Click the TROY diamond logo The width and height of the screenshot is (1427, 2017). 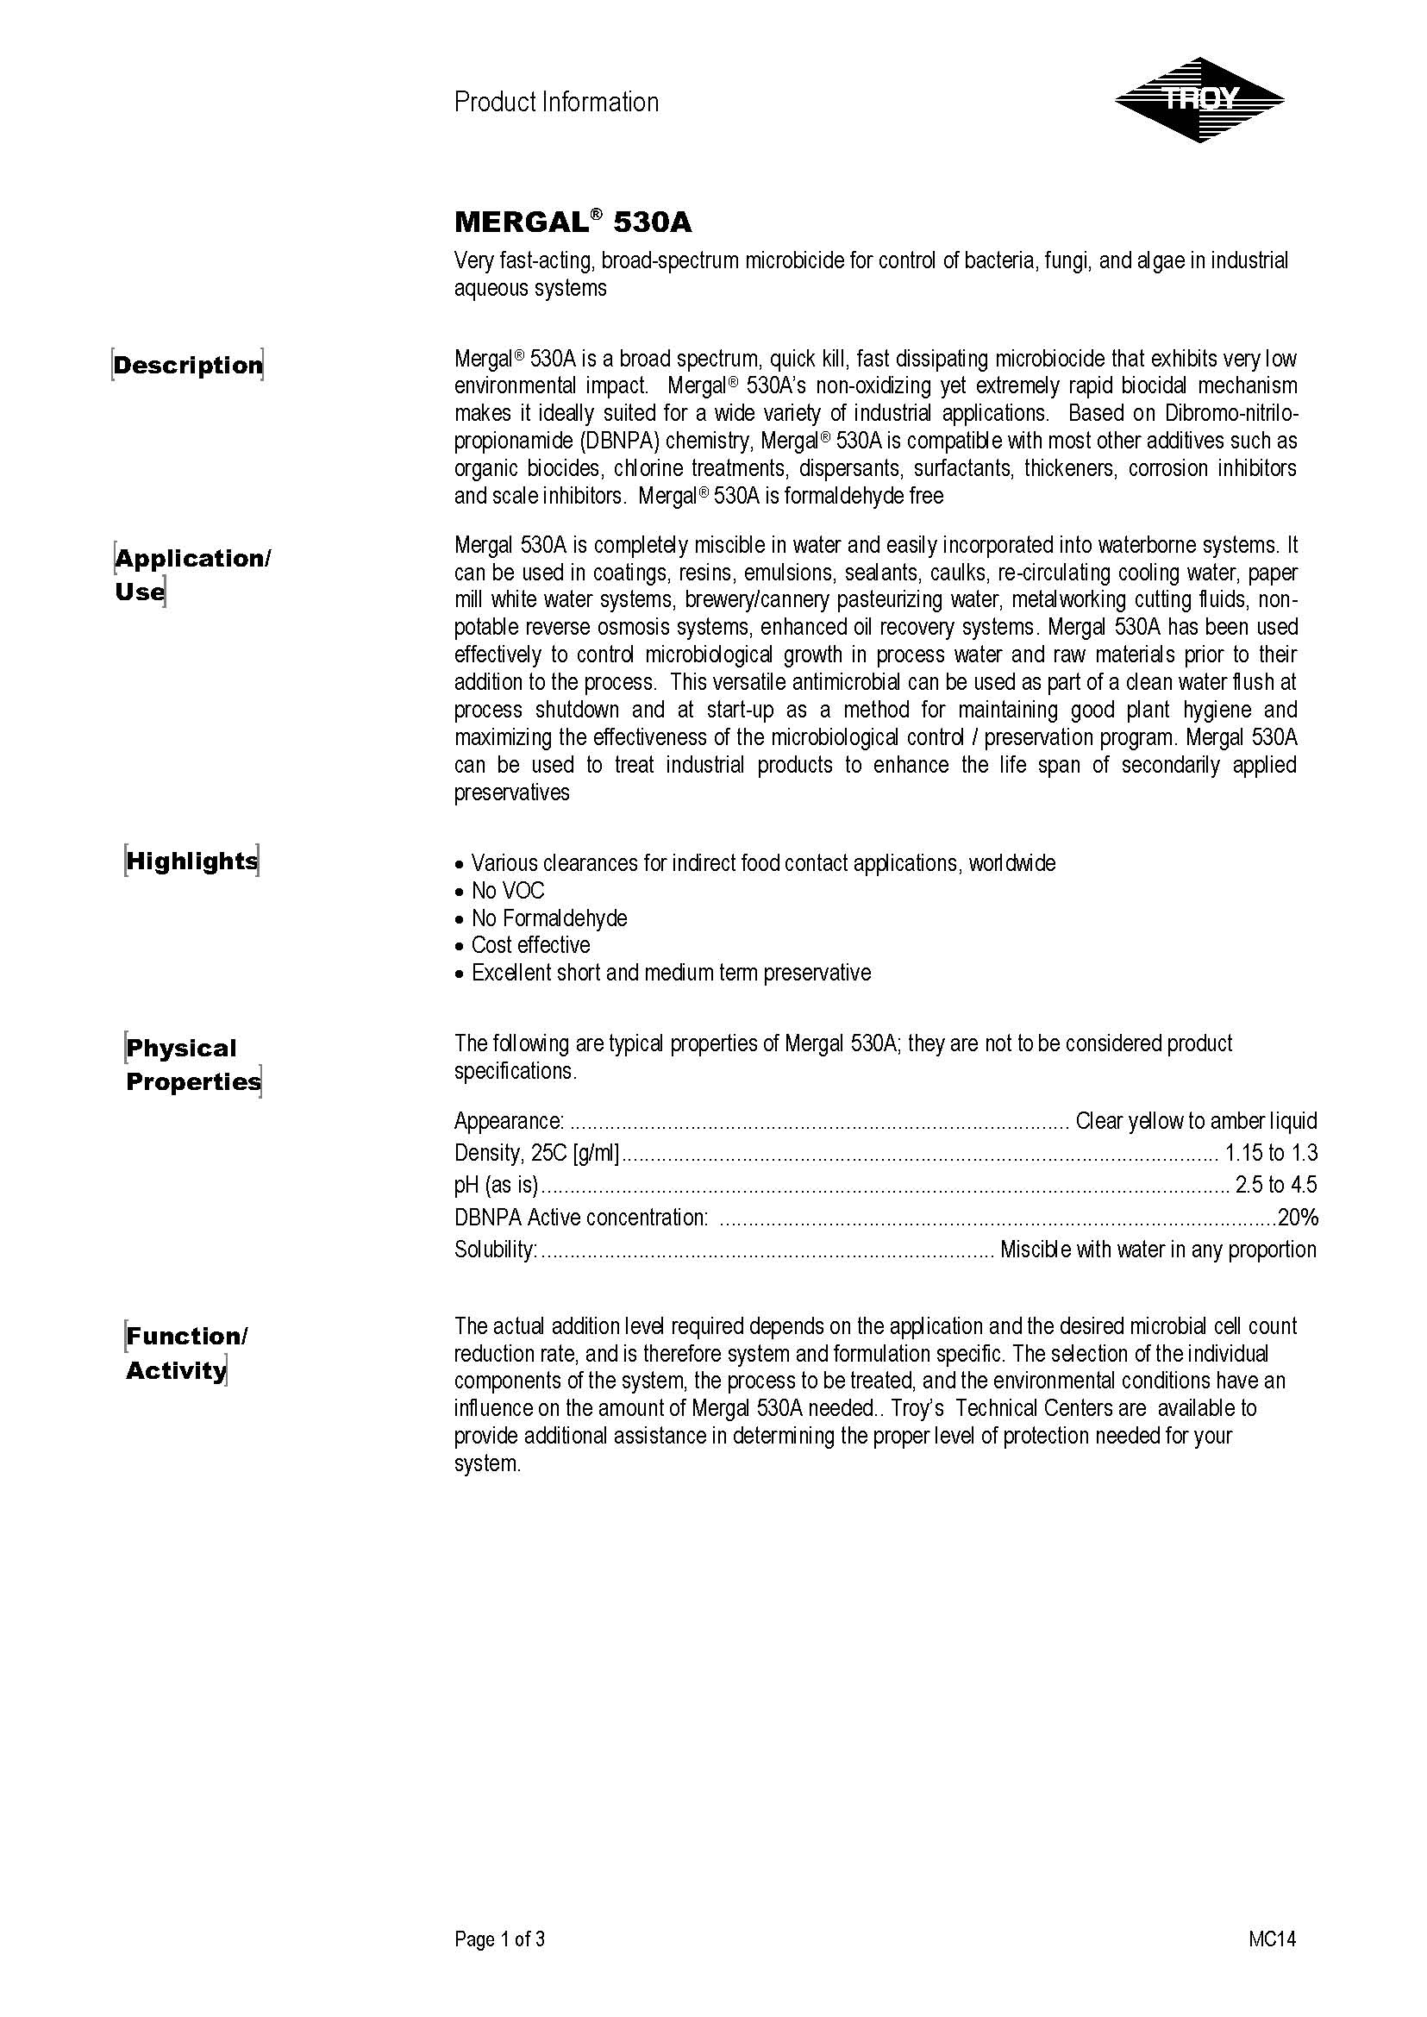[1199, 100]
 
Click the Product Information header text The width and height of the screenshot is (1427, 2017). [556, 103]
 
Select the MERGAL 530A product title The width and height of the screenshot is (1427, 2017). [573, 222]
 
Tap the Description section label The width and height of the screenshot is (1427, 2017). [188, 365]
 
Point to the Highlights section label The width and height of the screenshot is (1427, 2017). [191, 861]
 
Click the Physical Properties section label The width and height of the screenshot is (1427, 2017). [193, 1064]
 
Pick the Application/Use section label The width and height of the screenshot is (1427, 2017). [192, 575]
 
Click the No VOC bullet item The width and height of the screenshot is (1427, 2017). [507, 890]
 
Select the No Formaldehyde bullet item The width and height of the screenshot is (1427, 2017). [548, 918]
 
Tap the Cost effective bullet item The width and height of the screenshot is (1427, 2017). [530, 945]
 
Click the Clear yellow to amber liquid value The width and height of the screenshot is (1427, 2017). [1196, 1120]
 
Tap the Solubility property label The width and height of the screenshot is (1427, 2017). [496, 1249]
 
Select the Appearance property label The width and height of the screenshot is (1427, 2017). [509, 1120]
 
